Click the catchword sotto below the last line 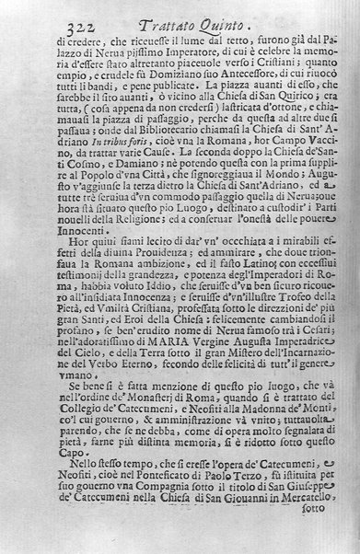314,544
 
